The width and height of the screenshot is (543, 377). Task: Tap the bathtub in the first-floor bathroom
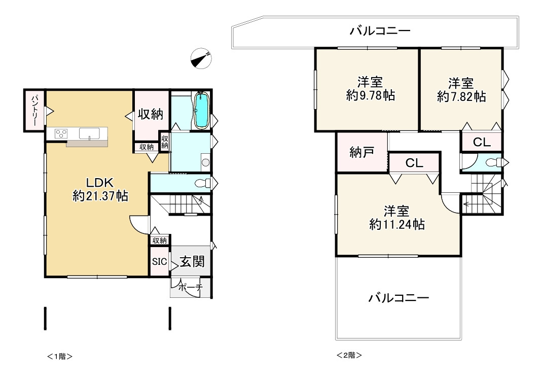[201, 111]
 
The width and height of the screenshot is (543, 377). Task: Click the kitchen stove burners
[61, 134]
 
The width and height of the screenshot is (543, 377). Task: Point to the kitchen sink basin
[89, 134]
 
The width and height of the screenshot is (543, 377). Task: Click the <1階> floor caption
[60, 356]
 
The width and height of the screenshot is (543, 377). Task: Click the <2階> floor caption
[349, 355]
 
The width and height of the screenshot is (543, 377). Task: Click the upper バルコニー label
[380, 31]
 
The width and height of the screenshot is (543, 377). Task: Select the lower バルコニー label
[399, 297]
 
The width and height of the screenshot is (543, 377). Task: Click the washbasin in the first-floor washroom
[205, 163]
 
